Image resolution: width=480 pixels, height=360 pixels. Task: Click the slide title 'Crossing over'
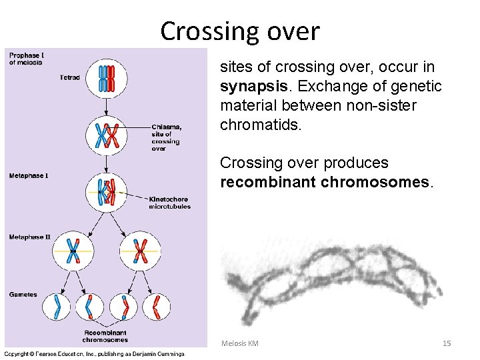(x=240, y=31)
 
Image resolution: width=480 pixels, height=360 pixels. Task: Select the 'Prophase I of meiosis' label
(x=25, y=59)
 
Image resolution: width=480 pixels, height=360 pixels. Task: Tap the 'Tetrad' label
(x=69, y=78)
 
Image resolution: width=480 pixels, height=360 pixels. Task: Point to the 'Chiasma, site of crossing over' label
(x=166, y=137)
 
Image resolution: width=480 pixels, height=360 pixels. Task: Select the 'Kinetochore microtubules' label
(x=170, y=203)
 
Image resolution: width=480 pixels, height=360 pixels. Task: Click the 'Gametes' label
(x=23, y=294)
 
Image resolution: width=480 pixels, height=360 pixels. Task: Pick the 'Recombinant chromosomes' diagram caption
(x=106, y=336)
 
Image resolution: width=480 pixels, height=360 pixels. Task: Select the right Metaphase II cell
(x=140, y=251)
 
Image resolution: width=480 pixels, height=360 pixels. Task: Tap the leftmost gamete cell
(x=57, y=307)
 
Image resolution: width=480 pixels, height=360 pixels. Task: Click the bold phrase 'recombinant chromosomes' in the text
(x=327, y=183)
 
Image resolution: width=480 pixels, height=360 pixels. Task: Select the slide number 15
(x=447, y=343)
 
